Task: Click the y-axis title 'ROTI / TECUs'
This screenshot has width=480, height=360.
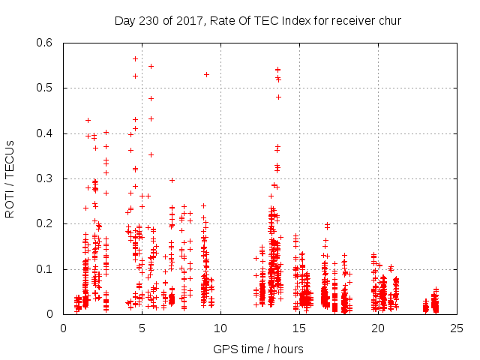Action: pos(10,178)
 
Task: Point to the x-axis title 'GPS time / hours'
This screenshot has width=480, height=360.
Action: pos(259,349)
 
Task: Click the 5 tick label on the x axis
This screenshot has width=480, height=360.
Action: pos(142,328)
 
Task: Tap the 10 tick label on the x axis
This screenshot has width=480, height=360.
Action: pos(220,328)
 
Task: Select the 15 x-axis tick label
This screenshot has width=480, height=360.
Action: pos(298,328)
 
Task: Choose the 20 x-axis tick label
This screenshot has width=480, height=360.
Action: pos(376,328)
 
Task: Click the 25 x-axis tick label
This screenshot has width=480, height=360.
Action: pos(455,328)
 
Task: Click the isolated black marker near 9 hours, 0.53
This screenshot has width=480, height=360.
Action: pos(206,74)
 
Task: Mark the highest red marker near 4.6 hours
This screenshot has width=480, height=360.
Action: pos(136,58)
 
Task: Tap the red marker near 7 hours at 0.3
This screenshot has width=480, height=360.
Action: pos(172,180)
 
